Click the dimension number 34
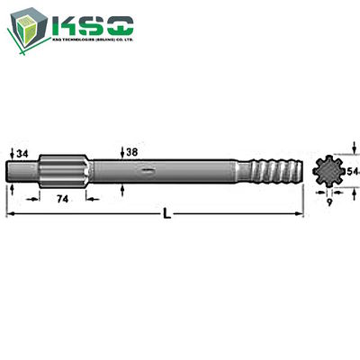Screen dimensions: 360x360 point(22,154)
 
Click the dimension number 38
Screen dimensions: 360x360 point(132,152)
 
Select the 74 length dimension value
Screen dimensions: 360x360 point(63,198)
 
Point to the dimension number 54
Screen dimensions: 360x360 point(353,169)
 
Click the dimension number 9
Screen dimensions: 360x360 point(330,203)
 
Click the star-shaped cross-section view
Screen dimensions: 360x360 point(330,169)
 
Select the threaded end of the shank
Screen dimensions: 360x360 point(275,169)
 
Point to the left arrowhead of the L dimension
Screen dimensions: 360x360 point(9,215)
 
